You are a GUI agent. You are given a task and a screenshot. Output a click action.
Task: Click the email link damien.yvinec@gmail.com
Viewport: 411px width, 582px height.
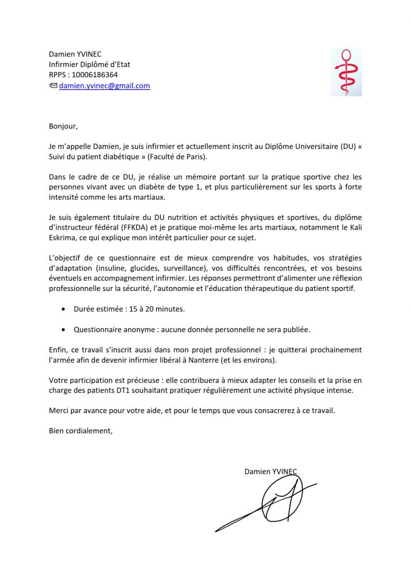tap(104, 86)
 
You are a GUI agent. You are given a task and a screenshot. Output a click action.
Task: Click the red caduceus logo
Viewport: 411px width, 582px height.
tap(346, 72)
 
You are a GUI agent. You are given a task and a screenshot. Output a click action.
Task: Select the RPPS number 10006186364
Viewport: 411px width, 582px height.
tap(96, 75)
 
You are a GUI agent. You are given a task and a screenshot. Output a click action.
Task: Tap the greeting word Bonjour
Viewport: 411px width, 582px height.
tap(62, 126)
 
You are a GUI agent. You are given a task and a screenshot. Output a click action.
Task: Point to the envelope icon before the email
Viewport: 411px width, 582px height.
tap(53, 86)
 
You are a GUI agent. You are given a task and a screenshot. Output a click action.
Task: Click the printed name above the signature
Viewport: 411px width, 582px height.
tap(271, 471)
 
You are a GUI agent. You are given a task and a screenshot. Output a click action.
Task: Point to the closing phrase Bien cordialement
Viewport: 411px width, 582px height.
tap(81, 431)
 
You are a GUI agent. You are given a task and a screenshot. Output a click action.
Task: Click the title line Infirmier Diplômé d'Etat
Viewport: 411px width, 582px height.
tap(90, 65)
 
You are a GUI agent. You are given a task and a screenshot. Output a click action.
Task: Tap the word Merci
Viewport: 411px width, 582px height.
tap(59, 411)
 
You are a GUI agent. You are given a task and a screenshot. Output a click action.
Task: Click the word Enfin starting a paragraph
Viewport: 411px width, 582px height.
tap(58, 350)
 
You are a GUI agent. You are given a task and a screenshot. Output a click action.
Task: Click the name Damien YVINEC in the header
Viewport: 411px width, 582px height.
tap(76, 55)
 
